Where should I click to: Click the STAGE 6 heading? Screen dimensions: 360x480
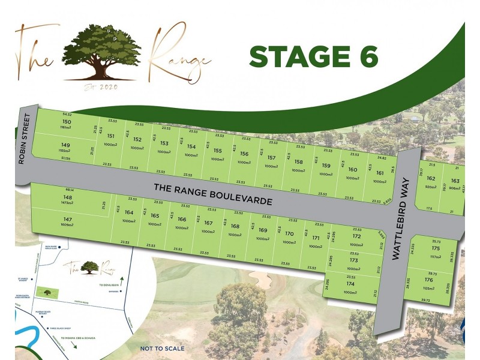[x=313, y=57]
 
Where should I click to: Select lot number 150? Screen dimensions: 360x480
[x=67, y=122]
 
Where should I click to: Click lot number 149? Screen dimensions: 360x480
[x=66, y=145]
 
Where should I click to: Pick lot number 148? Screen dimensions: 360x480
[x=68, y=197]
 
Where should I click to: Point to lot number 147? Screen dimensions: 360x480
[x=68, y=220]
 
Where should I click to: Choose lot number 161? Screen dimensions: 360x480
[x=380, y=173]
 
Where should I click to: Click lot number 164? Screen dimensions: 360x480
[x=129, y=212]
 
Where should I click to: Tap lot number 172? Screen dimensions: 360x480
[x=356, y=237]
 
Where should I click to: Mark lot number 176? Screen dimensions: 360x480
[x=428, y=280]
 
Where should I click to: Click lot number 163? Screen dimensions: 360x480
[x=455, y=181]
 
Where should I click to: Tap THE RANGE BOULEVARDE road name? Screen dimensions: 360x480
[x=213, y=194]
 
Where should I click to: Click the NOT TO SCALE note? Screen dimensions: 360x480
[x=163, y=348]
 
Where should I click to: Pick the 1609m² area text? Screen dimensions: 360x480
[x=68, y=227]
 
